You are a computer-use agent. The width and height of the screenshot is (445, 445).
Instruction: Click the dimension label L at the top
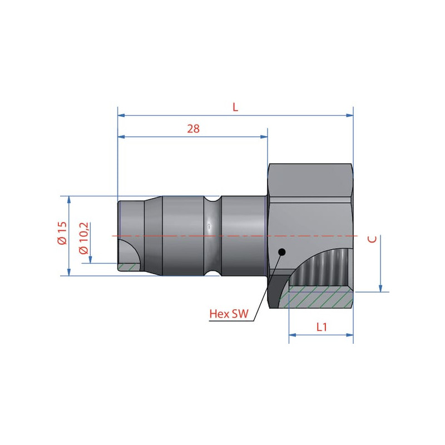point(235,107)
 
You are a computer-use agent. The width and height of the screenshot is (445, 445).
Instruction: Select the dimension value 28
point(193,129)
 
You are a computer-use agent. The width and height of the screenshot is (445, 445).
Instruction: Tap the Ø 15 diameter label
point(62,233)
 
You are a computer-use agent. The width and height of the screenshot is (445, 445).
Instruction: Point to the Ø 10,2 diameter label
point(85,239)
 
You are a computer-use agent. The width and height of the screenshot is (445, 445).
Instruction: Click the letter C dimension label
point(372,239)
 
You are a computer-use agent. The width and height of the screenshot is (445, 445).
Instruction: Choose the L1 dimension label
point(322,327)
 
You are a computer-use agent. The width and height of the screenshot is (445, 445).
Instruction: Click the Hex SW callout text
point(229,314)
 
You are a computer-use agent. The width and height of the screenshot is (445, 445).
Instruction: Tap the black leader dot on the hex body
point(282,252)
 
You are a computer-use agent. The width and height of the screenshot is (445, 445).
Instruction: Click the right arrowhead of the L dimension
point(350,115)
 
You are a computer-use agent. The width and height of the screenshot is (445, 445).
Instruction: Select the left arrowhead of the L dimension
point(121,115)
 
